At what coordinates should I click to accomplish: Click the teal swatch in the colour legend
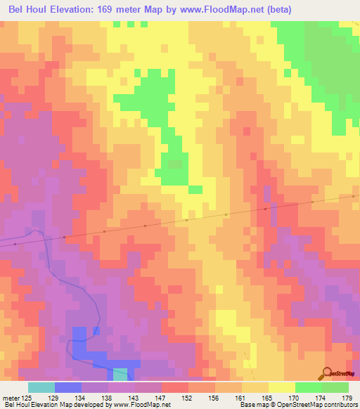coord(41,387)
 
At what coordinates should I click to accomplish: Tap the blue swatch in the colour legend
coord(68,387)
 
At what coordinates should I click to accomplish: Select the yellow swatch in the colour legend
coord(281,387)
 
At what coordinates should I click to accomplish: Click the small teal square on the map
coord(121,374)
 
